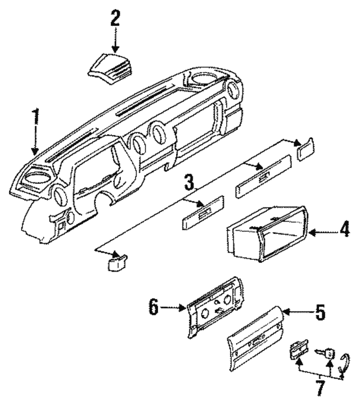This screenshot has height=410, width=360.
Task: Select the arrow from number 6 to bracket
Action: [172, 308]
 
